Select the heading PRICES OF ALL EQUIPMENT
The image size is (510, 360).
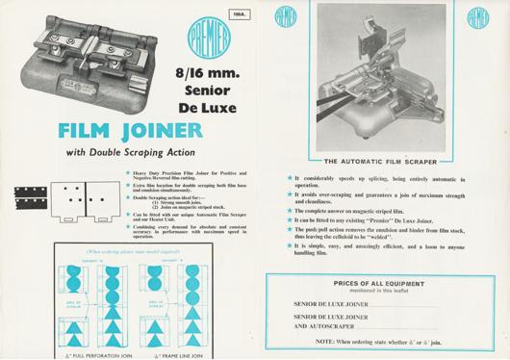[x=382, y=284]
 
